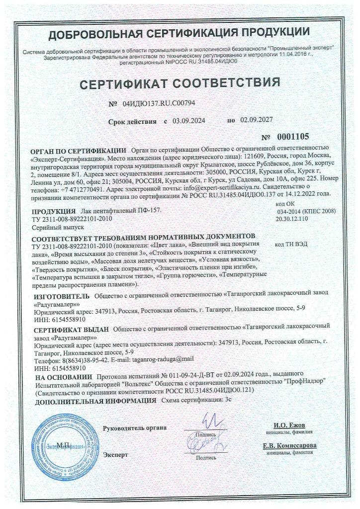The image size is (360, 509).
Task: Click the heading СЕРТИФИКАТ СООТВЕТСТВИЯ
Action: pyautogui.click(x=180, y=82)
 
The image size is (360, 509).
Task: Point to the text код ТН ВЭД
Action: pyautogui.click(x=290, y=246)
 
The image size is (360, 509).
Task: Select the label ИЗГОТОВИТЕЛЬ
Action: pyautogui.click(x=54, y=296)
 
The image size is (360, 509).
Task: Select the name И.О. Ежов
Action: pyautogui.click(x=289, y=425)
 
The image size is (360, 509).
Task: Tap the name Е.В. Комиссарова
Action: pyautogui.click(x=289, y=445)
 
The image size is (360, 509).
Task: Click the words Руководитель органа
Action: pyautogui.click(x=134, y=427)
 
